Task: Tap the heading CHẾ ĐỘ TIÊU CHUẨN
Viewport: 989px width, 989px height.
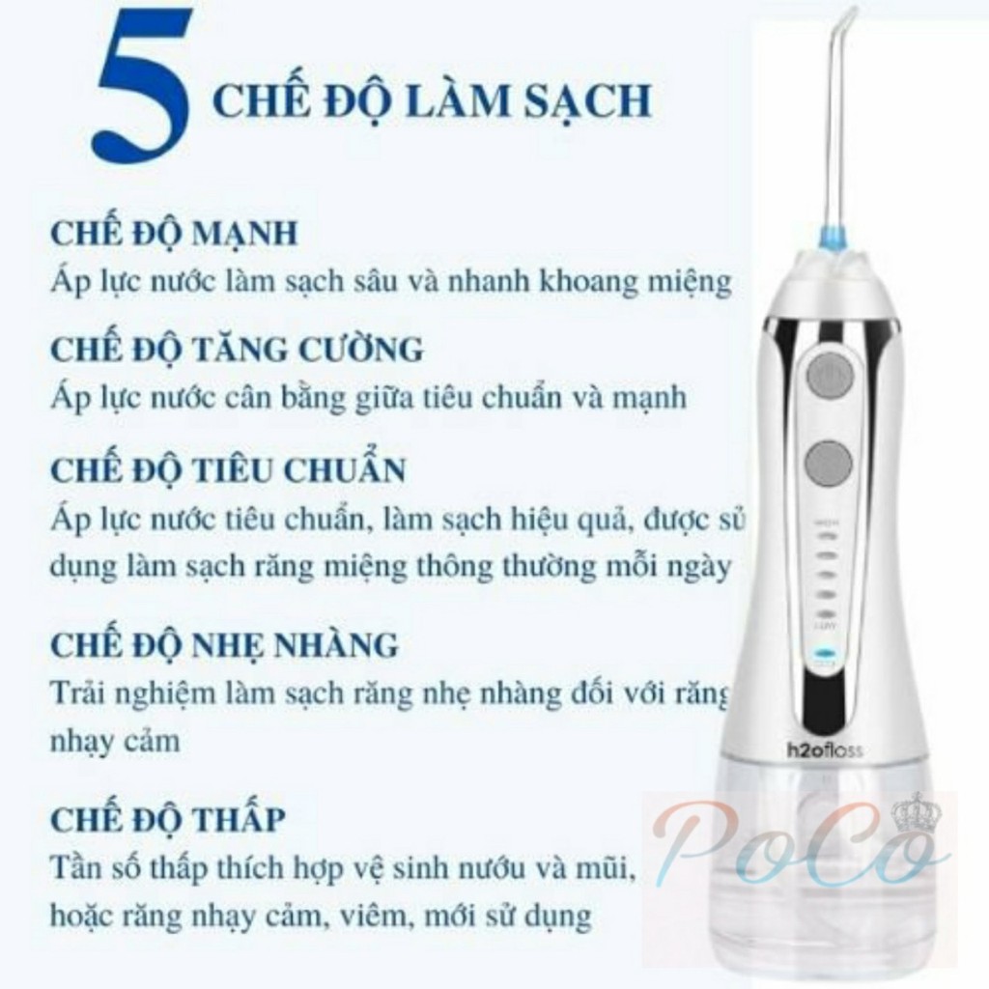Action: pyautogui.click(x=228, y=470)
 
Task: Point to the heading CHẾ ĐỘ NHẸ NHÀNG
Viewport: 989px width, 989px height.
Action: pyautogui.click(x=224, y=644)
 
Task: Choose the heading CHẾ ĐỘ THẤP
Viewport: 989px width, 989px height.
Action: pyautogui.click(x=168, y=820)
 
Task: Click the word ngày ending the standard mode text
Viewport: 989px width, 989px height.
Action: pyautogui.click(x=696, y=566)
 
